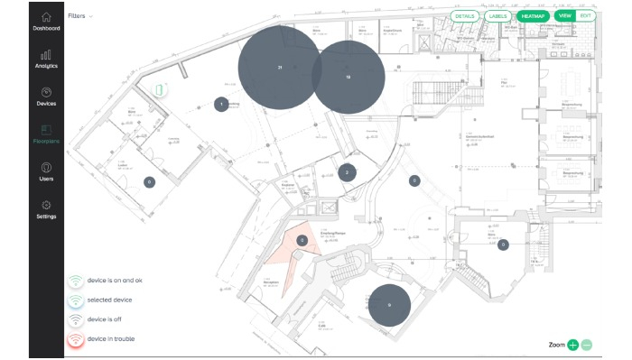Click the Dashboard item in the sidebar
click(46, 21)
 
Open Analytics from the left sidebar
click(46, 59)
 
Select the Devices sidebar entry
click(46, 97)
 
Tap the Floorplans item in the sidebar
click(46, 134)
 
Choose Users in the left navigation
click(46, 171)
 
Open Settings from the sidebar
click(46, 209)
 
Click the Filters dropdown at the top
click(80, 16)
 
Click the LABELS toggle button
click(497, 16)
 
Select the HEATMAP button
click(531, 16)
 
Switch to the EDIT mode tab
click(586, 16)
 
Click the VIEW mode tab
click(565, 16)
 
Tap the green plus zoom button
click(573, 346)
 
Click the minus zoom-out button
click(587, 346)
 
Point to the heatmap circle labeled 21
click(280, 69)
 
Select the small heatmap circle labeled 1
click(220, 105)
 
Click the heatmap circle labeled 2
click(347, 172)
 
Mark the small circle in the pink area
click(302, 241)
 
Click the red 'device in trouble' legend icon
click(76, 339)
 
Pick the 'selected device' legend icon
click(76, 300)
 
